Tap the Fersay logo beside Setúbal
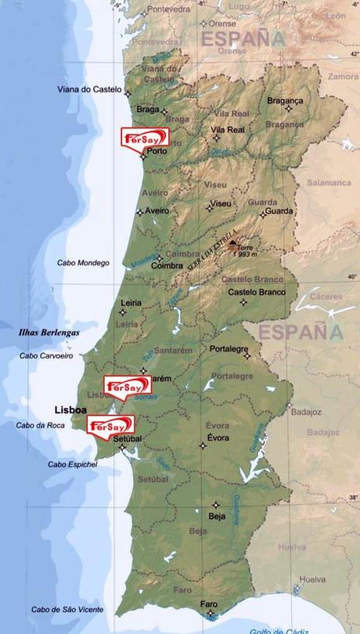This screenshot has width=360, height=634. pos(110,425)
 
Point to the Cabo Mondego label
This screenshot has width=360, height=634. pos(84,263)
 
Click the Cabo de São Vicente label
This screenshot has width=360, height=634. pos(68,610)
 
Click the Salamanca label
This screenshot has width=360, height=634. pos(329,182)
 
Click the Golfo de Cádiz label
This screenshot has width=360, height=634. pos(279,630)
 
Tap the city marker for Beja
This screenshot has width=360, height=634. pos(217,505)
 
